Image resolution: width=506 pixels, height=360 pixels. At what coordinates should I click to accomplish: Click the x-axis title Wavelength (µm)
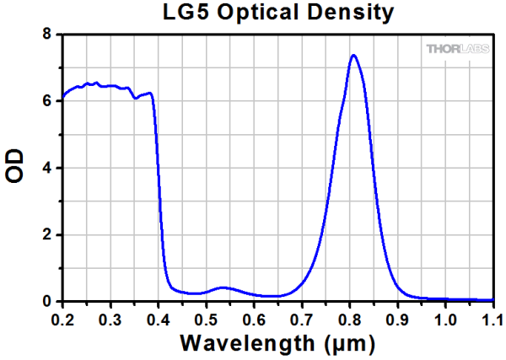[277, 344]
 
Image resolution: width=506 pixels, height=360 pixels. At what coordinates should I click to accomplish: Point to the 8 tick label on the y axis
[48, 35]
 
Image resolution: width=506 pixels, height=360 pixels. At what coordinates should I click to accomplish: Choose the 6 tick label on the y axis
[48, 101]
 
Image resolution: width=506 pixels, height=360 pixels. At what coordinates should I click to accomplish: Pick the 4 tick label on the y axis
[48, 168]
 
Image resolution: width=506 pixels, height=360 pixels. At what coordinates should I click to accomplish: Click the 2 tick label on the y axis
[48, 234]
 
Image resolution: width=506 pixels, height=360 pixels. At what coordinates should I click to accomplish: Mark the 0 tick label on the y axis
[48, 301]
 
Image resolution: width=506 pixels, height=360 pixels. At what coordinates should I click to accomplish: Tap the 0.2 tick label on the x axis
[62, 319]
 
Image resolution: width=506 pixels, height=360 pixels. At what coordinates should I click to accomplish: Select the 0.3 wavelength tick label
[110, 319]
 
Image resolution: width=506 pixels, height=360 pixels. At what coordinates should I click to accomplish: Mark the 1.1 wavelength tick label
[491, 319]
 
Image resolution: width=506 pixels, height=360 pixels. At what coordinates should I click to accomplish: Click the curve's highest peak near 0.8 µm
[353, 56]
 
